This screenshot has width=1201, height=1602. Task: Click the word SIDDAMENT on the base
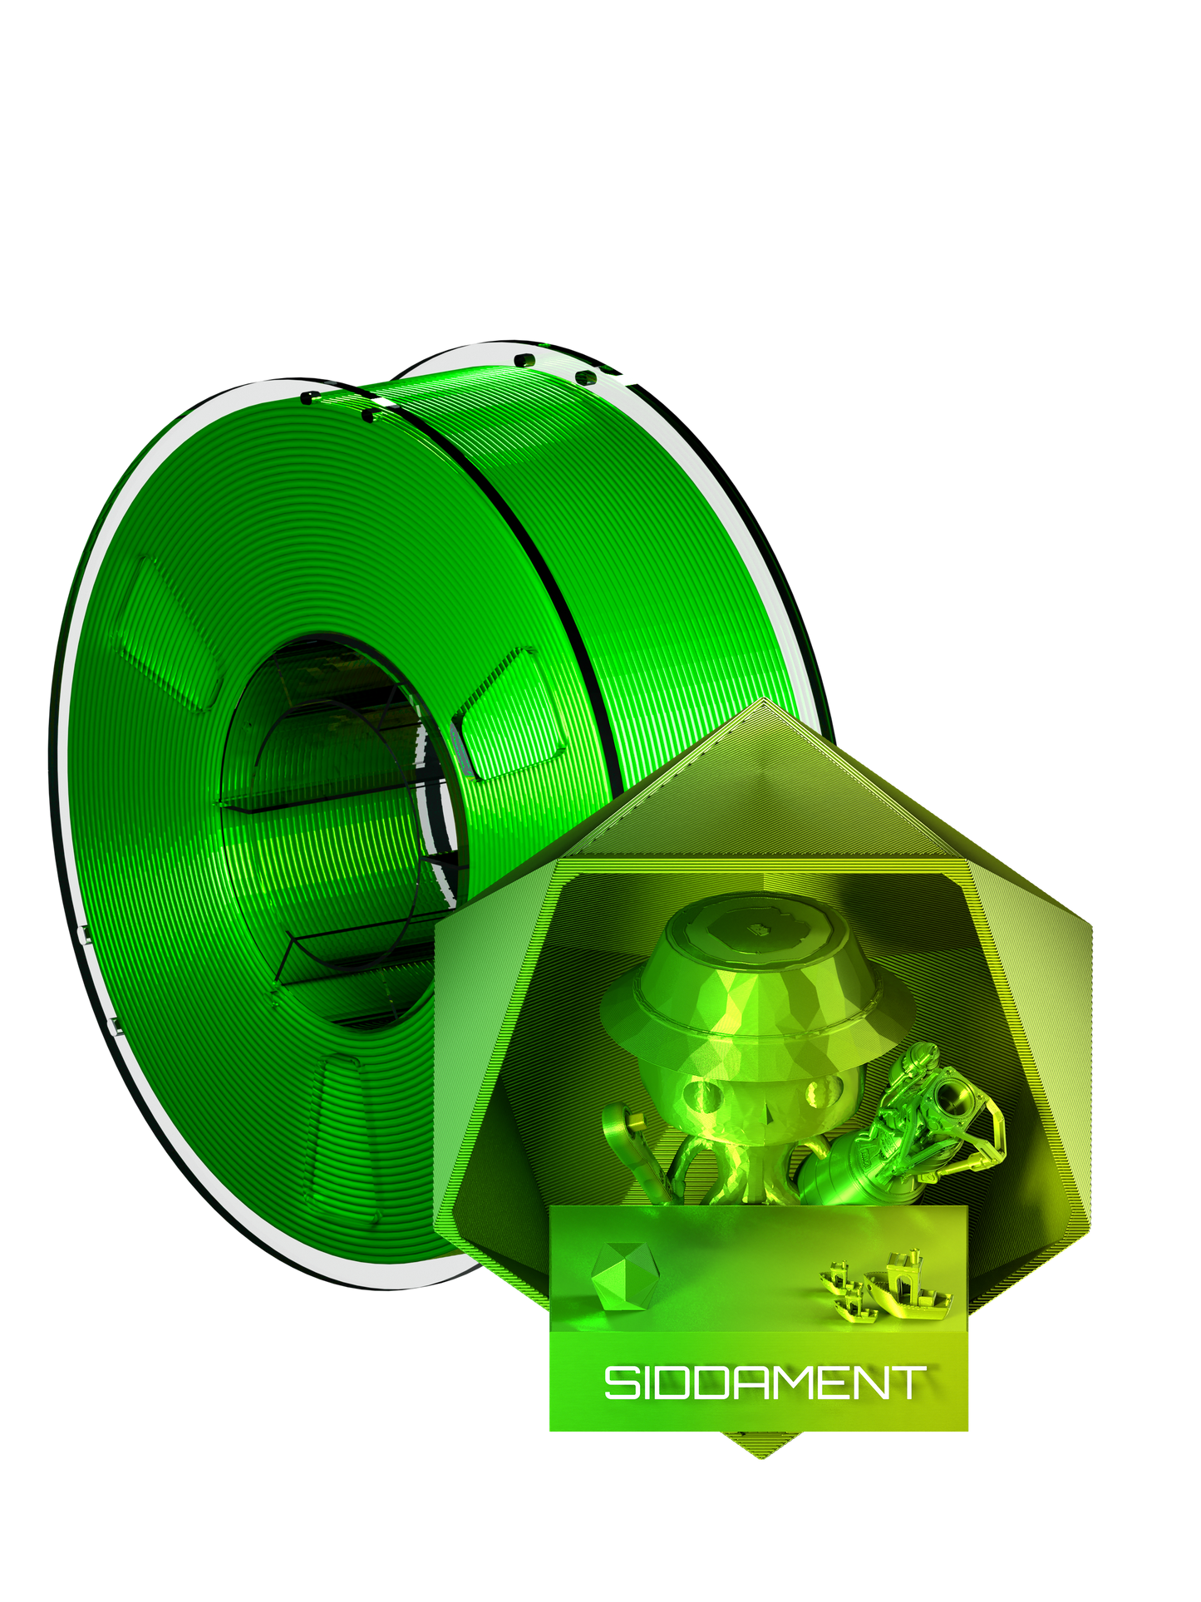point(764,1383)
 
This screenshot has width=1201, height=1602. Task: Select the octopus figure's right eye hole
point(825,1091)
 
